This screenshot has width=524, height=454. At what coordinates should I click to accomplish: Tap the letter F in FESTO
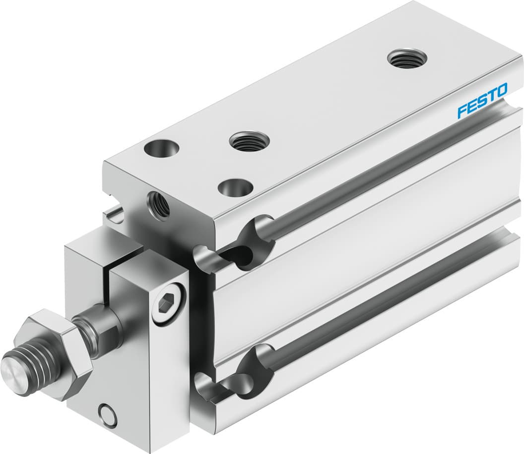point(461,110)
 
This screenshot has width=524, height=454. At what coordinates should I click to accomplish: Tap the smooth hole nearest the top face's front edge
point(235,188)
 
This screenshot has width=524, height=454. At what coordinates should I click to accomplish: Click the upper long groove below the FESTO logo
point(387,173)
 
